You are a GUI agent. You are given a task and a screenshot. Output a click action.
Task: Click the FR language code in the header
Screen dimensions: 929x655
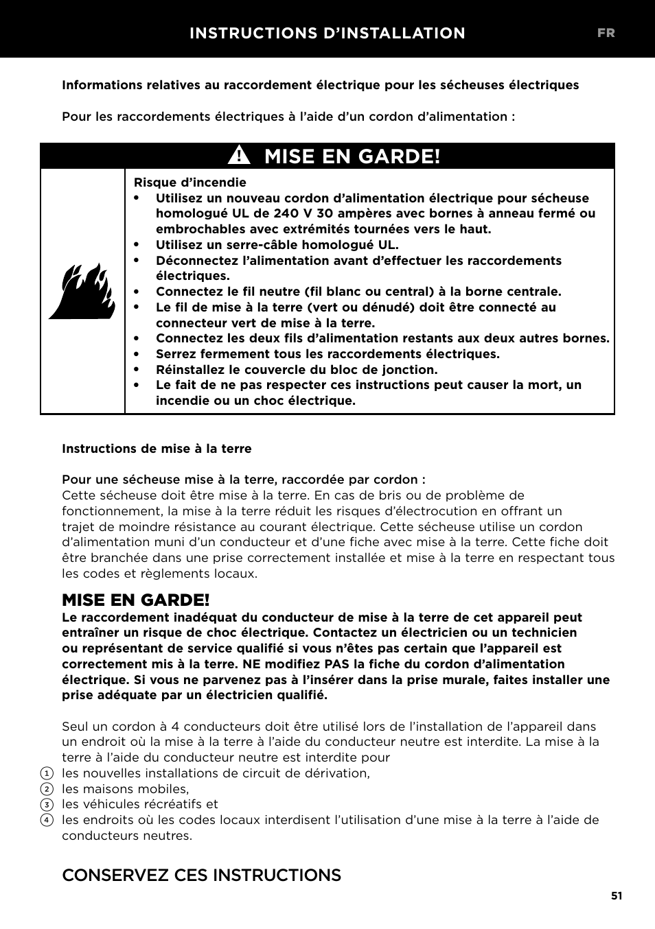[x=606, y=33]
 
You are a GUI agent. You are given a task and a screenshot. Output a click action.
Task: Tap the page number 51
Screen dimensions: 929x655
[x=617, y=895]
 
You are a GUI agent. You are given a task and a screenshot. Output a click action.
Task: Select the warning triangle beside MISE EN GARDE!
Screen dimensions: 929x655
[x=240, y=156]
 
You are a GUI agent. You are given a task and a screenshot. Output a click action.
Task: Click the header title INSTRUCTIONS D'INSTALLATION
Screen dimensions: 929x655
[x=327, y=33]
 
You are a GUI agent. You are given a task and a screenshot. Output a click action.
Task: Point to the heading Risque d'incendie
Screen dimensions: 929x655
[x=189, y=183]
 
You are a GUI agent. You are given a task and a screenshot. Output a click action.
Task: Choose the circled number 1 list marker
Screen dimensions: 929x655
[x=47, y=774]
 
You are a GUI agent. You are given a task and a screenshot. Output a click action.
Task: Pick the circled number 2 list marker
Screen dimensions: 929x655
[x=47, y=790]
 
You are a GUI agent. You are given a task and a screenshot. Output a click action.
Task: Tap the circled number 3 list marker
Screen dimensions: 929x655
[x=47, y=805]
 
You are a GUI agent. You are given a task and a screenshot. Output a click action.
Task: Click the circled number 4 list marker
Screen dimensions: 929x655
[x=47, y=821]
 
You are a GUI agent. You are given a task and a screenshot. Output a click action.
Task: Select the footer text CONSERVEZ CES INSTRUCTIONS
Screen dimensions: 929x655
[x=201, y=875]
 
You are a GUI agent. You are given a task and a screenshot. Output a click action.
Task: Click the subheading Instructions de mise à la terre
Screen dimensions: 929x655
[x=157, y=449]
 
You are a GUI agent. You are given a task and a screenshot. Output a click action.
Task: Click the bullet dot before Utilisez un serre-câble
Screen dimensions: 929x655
[x=137, y=245]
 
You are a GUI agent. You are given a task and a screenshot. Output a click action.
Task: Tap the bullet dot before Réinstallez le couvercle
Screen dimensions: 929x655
[x=137, y=370]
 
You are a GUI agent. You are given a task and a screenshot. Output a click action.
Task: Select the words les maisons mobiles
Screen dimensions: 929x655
[x=125, y=789]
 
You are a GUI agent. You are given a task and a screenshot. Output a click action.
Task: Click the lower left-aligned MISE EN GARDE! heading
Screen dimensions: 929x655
[x=136, y=600]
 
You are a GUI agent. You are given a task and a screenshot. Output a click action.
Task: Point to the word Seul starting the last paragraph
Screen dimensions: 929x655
[x=76, y=727]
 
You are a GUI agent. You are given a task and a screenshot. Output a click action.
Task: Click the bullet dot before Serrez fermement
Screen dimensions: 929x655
[x=137, y=354]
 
